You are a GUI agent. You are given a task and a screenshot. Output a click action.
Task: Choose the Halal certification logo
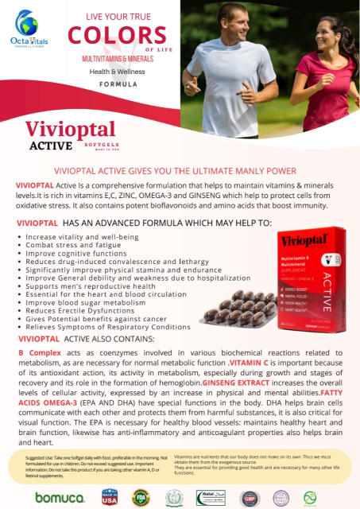[x=211, y=497]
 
